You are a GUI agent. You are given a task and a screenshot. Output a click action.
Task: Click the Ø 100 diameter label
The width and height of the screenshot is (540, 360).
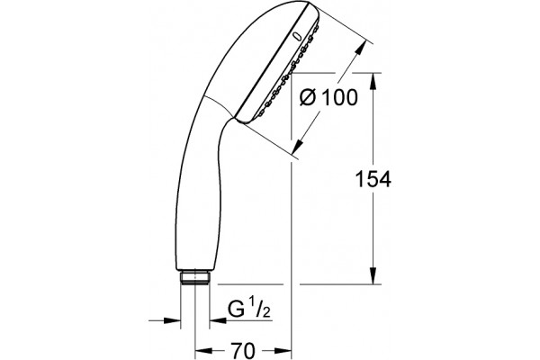tap(328, 97)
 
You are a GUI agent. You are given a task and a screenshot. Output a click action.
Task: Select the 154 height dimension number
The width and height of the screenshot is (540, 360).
tap(373, 179)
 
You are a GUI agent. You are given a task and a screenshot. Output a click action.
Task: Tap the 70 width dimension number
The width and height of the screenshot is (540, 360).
tap(243, 351)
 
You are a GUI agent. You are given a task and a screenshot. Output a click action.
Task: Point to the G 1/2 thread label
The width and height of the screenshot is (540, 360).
tap(249, 309)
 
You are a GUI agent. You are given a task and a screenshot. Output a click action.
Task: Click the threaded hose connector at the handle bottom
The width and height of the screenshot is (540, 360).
tap(195, 278)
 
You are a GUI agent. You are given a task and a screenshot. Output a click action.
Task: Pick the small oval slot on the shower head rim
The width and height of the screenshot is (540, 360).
tap(297, 36)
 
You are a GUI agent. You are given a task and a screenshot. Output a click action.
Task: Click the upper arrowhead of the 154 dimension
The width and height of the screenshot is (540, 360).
tap(373, 82)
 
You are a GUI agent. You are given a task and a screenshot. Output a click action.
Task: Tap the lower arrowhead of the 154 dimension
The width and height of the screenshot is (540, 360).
tap(373, 274)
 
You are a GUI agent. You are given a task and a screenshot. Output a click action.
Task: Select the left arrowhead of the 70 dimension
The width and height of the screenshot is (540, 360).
tap(204, 351)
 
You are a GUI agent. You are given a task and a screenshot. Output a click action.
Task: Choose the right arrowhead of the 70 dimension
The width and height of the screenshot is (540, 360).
tap(283, 351)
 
